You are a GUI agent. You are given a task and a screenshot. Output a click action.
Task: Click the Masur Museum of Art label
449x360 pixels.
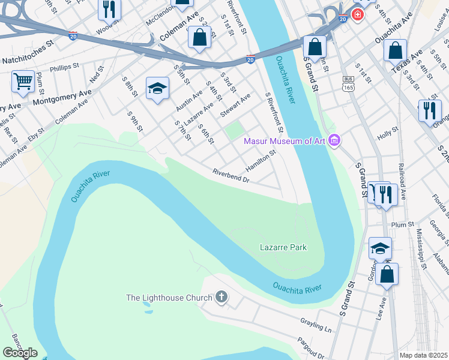[284, 142]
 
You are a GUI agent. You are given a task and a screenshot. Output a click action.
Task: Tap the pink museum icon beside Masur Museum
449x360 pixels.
[334, 142]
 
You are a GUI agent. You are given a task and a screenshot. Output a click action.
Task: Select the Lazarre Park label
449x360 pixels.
[283, 247]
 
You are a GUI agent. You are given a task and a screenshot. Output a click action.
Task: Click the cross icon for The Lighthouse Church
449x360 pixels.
[221, 298]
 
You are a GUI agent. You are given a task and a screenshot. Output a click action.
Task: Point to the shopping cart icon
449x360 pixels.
[23, 80]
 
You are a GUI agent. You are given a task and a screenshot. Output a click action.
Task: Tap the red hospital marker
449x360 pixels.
[358, 14]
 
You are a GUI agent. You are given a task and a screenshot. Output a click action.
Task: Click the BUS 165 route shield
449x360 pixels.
[348, 83]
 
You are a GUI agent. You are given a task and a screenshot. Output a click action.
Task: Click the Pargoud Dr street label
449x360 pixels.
[310, 347]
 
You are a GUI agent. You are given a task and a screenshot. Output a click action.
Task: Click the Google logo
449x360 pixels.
[20, 353]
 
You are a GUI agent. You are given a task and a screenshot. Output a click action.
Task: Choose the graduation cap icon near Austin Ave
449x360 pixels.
[157, 88]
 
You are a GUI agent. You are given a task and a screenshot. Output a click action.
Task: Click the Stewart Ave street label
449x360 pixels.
[235, 106]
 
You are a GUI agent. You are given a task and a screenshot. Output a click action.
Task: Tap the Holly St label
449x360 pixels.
[387, 133]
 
